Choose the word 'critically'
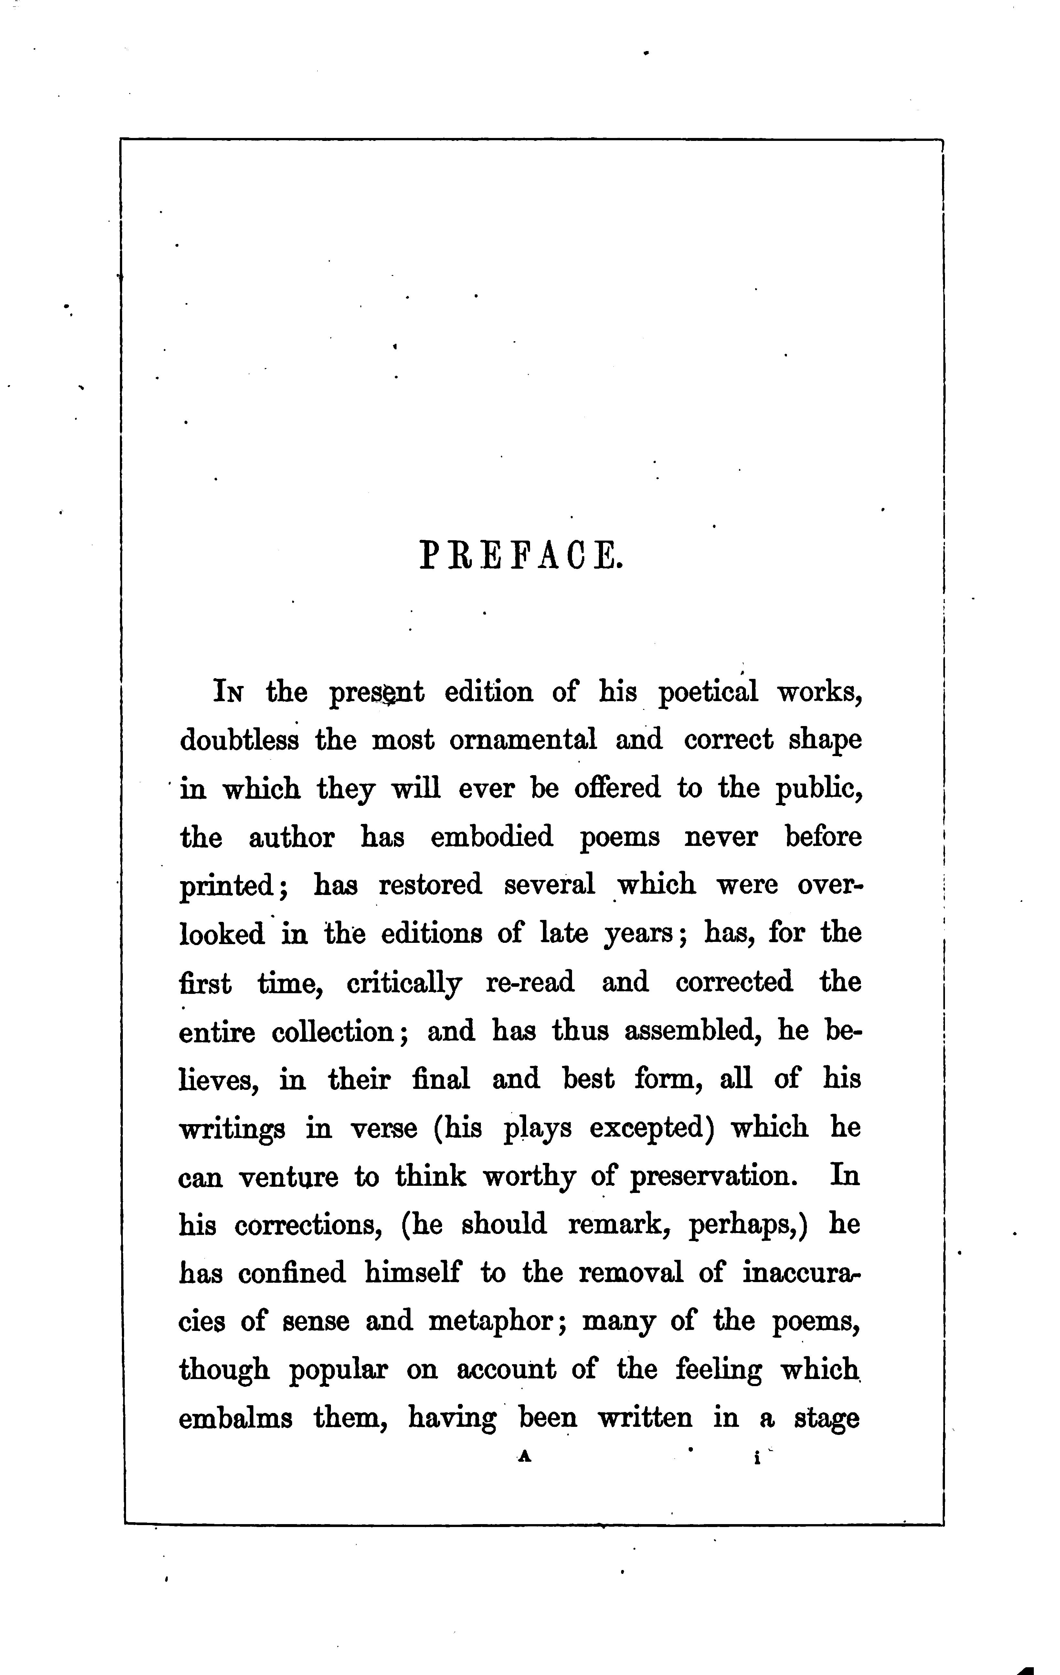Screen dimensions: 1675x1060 pos(404,983)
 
